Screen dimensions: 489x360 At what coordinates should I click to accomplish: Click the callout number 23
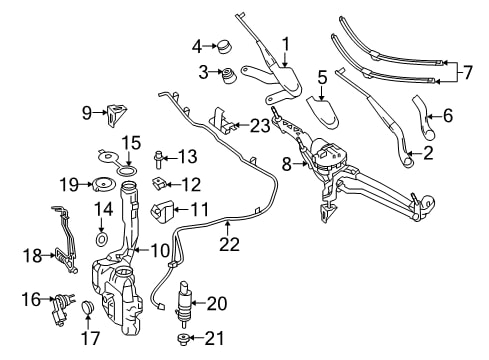pos(260,126)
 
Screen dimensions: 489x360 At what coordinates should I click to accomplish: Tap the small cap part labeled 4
pos(225,46)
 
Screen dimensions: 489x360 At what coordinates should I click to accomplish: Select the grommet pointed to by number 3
pos(228,76)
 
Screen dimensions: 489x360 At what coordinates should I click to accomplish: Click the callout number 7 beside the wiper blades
pos(468,72)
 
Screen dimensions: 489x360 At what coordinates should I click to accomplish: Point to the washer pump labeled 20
pos(184,302)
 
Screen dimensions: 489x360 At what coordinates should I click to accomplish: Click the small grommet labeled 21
pos(183,339)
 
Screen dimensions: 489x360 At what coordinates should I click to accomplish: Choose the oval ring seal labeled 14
pos(101,239)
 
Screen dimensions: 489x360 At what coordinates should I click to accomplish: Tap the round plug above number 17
pos(88,308)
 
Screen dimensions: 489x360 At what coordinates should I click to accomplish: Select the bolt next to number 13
pos(158,159)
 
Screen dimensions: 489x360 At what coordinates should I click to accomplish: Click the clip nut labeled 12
pos(159,183)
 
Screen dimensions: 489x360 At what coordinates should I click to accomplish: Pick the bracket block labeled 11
pos(162,211)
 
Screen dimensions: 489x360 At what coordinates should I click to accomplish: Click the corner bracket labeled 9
pos(117,114)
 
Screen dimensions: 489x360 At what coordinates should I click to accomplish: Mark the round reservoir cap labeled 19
pos(103,184)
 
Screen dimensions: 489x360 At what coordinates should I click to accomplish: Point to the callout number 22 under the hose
pos(229,244)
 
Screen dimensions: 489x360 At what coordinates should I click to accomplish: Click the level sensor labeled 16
pos(60,307)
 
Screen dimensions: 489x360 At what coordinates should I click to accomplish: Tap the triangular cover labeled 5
pos(322,112)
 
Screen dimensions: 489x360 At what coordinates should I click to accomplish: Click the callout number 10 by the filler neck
pos(160,250)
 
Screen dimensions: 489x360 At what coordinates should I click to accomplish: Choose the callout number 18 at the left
pos(32,256)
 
